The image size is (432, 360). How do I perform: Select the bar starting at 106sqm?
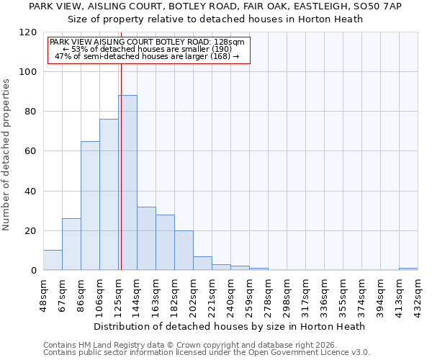(x=109, y=194)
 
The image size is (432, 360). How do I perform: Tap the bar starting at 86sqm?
(x=90, y=205)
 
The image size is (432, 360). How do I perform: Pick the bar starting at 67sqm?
(x=71, y=244)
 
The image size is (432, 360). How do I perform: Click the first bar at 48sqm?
(x=53, y=260)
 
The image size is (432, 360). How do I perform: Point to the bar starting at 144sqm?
(x=146, y=238)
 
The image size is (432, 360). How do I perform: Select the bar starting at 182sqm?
(x=184, y=250)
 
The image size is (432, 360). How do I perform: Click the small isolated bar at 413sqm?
(x=408, y=269)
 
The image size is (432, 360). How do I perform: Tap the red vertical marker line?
(x=121, y=166)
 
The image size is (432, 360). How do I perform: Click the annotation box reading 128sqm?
(x=148, y=50)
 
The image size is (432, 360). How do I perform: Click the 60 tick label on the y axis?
(x=30, y=151)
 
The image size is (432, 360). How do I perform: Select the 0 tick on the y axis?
(x=33, y=271)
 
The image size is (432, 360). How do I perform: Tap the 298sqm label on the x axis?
(x=287, y=293)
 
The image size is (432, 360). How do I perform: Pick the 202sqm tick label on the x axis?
(x=193, y=293)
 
